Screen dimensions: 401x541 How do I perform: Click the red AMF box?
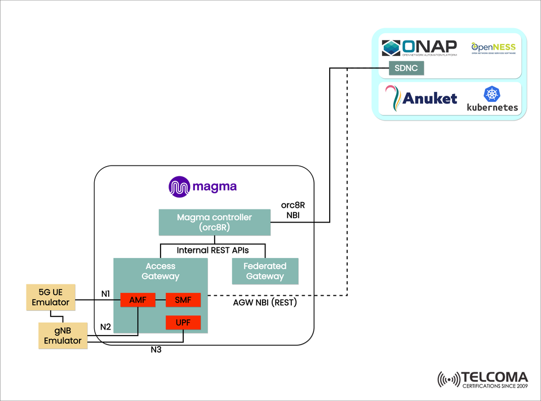[x=138, y=300]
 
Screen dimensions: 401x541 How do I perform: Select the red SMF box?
[x=183, y=300]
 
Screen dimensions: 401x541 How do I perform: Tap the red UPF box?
[x=183, y=323]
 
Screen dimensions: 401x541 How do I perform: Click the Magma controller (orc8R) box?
[x=214, y=222]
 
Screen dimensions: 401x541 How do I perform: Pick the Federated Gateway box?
[x=265, y=271]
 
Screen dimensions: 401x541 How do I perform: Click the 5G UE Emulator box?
[x=51, y=297]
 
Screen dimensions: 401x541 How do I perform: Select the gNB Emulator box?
[x=63, y=335]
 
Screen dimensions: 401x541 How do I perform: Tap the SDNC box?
[x=406, y=69]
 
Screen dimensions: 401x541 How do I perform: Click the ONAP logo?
[x=419, y=48]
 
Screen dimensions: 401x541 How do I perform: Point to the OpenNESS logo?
[x=493, y=47]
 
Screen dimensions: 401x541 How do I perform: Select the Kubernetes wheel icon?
[x=492, y=94]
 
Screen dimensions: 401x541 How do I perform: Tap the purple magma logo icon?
[x=179, y=187]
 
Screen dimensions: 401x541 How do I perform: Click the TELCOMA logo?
[x=482, y=379]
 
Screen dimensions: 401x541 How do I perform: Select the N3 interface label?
[x=156, y=350]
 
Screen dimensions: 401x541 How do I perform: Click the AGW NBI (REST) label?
[x=265, y=302]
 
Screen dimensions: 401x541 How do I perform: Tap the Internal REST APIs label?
[x=212, y=250]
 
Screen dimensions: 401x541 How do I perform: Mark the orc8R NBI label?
[x=293, y=210]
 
